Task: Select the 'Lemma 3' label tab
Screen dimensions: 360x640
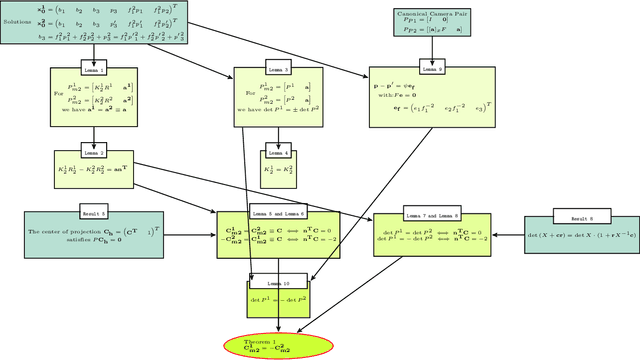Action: tap(277, 71)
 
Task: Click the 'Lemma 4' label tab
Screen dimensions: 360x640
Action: tap(277, 154)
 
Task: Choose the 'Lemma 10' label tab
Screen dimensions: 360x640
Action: tap(277, 284)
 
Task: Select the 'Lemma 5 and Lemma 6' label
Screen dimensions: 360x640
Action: tap(277, 214)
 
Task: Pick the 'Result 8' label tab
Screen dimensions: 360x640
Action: tap(582, 217)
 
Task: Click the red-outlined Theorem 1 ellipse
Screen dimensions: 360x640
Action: tap(277, 344)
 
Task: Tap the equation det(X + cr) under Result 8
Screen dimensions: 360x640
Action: tap(582, 237)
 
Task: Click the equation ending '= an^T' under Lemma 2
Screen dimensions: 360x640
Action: tap(85, 172)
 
